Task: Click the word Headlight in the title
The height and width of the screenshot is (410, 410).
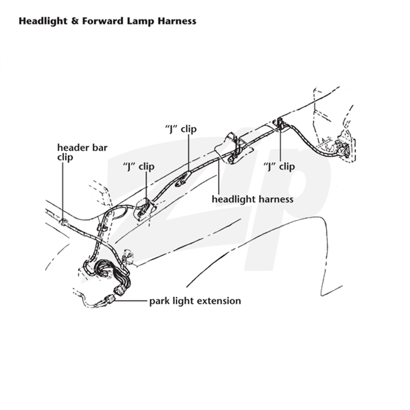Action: pyautogui.click(x=43, y=21)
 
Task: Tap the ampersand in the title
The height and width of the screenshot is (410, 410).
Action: pyautogui.click(x=75, y=21)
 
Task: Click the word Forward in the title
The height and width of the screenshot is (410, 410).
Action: pyautogui.click(x=103, y=21)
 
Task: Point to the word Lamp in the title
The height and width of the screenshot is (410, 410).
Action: pyautogui.click(x=140, y=22)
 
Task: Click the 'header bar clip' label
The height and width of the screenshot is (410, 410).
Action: pyautogui.click(x=82, y=152)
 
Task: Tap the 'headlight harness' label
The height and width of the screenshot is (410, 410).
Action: pyautogui.click(x=252, y=199)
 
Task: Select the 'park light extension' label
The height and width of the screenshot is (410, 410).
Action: pyautogui.click(x=195, y=301)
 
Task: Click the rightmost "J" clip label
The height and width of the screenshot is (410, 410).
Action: pyautogui.click(x=279, y=166)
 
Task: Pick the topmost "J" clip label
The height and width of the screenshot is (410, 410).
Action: pyautogui.click(x=181, y=129)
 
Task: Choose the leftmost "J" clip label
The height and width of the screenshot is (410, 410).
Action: pyautogui.click(x=138, y=167)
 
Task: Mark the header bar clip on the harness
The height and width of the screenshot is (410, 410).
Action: pyautogui.click(x=64, y=222)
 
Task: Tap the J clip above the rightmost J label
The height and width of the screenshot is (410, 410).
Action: pyautogui.click(x=280, y=123)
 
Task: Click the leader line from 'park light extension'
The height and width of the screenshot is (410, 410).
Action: pyautogui.click(x=131, y=301)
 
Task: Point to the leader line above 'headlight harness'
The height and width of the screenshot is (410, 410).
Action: pyautogui.click(x=219, y=177)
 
